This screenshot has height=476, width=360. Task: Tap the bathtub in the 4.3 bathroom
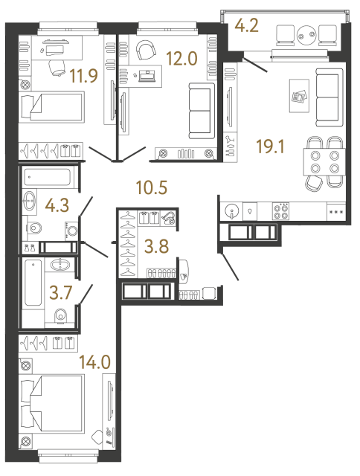[x=46, y=178]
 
